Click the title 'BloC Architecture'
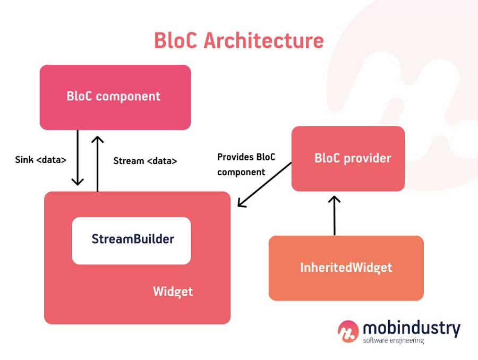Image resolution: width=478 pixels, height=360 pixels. coord(238,40)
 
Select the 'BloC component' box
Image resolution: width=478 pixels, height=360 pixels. coord(115,97)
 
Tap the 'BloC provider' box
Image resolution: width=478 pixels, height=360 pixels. coord(348,158)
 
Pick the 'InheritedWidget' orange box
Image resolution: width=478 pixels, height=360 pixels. coord(346,268)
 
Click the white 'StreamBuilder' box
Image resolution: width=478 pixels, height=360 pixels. coord(131,240)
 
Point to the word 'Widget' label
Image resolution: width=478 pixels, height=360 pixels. coord(173,291)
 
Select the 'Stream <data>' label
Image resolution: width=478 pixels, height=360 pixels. coord(145,160)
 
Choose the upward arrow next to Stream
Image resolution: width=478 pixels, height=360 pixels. coord(97,162)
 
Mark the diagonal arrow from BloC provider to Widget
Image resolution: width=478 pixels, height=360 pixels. coord(264,185)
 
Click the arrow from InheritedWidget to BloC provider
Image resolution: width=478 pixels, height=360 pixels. coord(334,215)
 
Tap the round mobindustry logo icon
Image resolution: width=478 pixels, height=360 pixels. coord(348,331)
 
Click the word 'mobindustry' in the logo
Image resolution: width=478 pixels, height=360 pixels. coord(411,328)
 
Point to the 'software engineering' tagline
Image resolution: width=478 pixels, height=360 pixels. coord(393,340)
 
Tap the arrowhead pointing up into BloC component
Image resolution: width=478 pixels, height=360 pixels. coord(97,140)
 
